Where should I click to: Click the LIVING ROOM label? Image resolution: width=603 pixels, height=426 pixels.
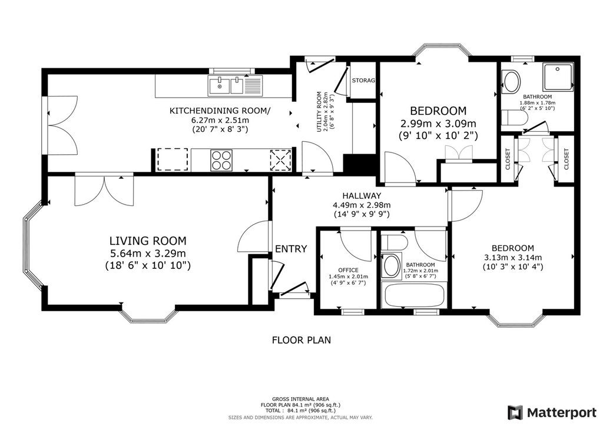tap(148, 241)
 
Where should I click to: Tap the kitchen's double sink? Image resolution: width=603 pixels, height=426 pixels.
tap(226, 85)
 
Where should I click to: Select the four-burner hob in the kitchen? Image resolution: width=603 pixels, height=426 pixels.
tap(222, 160)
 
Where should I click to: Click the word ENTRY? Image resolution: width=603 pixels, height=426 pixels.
tap(291, 249)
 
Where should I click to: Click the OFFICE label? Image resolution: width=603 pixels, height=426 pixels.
tap(349, 270)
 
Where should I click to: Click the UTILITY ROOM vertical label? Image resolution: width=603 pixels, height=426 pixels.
tap(319, 112)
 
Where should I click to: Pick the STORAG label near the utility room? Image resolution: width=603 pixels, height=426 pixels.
tap(363, 80)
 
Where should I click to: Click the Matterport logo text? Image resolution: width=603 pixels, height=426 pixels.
tap(562, 413)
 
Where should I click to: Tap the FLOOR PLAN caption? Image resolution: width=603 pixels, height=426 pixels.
tap(301, 340)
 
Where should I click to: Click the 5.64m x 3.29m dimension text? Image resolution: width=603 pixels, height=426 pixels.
tap(148, 253)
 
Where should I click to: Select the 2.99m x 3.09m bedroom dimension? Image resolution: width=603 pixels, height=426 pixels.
tap(438, 124)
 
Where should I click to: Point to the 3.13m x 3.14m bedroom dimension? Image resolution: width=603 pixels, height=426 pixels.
tap(513, 257)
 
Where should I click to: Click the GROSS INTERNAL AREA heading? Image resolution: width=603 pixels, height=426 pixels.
tap(300, 399)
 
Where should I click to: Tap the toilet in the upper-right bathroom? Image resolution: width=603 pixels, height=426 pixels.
tap(513, 117)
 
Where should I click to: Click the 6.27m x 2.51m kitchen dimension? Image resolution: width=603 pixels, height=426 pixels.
tap(220, 120)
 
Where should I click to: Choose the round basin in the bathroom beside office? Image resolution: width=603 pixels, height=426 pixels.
tap(391, 266)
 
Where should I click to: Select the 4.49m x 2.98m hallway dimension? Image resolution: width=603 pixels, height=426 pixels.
tap(362, 205)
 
